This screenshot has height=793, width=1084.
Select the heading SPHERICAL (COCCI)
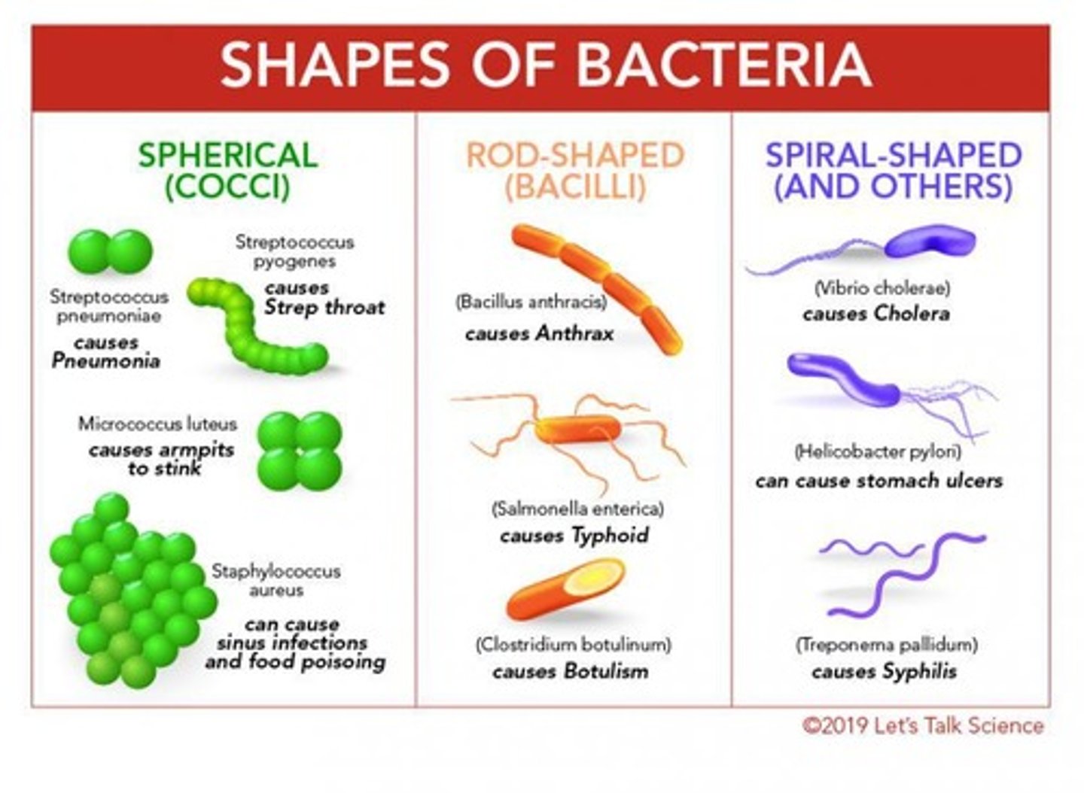click(227, 171)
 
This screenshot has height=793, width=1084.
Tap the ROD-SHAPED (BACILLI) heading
click(575, 171)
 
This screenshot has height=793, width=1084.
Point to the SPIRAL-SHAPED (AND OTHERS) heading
click(893, 171)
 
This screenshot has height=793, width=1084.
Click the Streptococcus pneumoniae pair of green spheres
click(111, 252)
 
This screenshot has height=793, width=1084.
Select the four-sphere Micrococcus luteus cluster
click(300, 451)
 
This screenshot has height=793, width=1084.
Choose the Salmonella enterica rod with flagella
click(578, 430)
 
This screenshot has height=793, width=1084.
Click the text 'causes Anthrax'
click(539, 333)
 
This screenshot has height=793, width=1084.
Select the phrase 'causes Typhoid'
click(574, 536)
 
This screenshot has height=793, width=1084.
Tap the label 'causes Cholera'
click(876, 314)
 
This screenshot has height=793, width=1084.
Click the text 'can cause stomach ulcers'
click(878, 481)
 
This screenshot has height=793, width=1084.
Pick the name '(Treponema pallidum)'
click(886, 645)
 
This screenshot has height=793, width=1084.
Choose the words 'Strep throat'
click(324, 308)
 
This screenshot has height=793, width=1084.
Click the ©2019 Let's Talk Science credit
click(923, 726)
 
